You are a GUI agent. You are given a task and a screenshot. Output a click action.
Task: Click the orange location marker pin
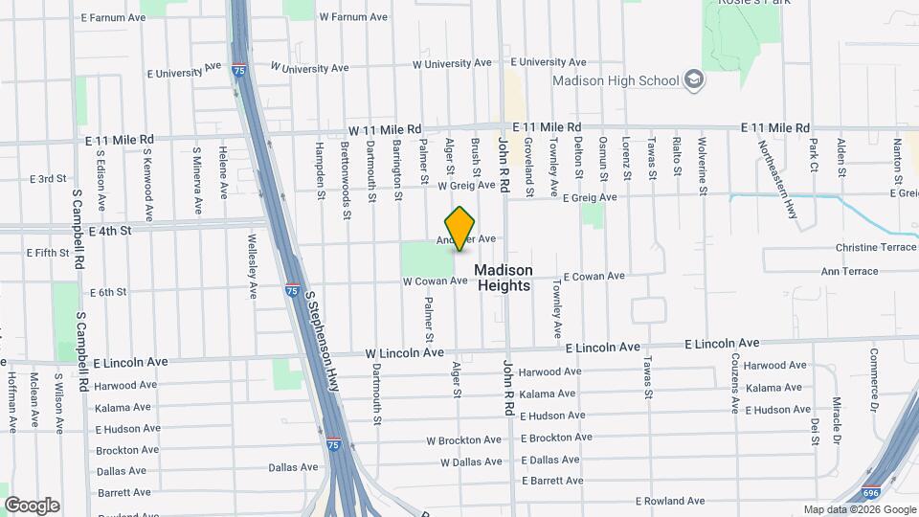(460, 228)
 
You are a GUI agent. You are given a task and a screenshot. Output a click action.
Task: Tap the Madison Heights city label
(504, 278)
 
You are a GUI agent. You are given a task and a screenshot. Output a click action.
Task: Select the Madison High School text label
(616, 81)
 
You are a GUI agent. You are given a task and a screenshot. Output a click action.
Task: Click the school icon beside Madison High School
(696, 80)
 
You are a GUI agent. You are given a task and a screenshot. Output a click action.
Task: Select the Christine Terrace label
(875, 247)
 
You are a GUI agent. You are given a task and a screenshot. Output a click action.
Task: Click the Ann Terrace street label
(849, 271)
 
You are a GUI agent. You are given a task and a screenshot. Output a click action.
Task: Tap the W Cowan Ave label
(435, 281)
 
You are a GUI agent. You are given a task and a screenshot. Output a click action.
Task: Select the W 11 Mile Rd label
(385, 129)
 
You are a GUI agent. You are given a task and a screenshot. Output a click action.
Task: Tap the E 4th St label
(109, 231)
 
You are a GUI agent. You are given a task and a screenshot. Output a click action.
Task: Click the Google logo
(32, 506)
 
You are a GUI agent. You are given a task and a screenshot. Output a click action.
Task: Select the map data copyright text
(859, 509)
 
